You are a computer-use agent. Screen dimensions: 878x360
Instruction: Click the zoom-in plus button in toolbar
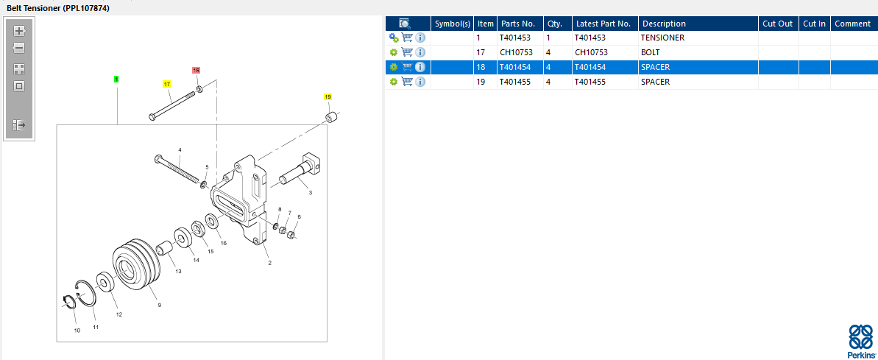click(x=19, y=31)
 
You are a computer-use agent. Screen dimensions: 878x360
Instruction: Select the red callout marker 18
click(x=196, y=70)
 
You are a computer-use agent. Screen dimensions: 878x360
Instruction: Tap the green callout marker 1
click(x=116, y=80)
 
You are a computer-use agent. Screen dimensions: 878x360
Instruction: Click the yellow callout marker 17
click(x=167, y=84)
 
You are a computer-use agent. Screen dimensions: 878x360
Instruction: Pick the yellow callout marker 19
click(x=328, y=97)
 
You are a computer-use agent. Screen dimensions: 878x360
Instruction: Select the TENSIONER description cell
click(x=662, y=38)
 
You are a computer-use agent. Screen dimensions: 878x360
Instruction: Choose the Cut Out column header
click(x=778, y=24)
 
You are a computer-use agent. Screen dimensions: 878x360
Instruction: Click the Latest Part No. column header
click(x=603, y=24)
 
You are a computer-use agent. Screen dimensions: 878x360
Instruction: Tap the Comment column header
click(x=853, y=24)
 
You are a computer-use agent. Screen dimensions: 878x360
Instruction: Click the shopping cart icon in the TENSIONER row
click(x=407, y=38)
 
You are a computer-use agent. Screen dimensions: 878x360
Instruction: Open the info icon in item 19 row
click(x=420, y=82)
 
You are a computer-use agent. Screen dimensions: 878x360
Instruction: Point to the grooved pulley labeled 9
click(x=137, y=265)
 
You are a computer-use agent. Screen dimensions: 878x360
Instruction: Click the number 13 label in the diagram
click(x=178, y=272)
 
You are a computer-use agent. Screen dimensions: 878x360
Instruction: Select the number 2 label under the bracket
click(x=269, y=263)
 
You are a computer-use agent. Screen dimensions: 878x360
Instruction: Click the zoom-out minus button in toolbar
click(x=19, y=48)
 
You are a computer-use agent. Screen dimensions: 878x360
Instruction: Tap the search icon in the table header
click(x=405, y=24)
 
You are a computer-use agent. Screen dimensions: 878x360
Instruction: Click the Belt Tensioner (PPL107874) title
click(x=58, y=8)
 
